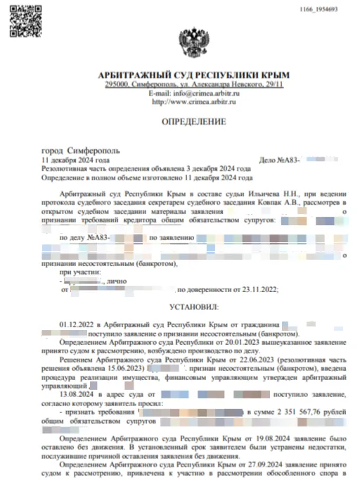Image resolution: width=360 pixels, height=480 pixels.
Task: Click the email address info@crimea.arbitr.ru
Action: click(205, 94)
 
